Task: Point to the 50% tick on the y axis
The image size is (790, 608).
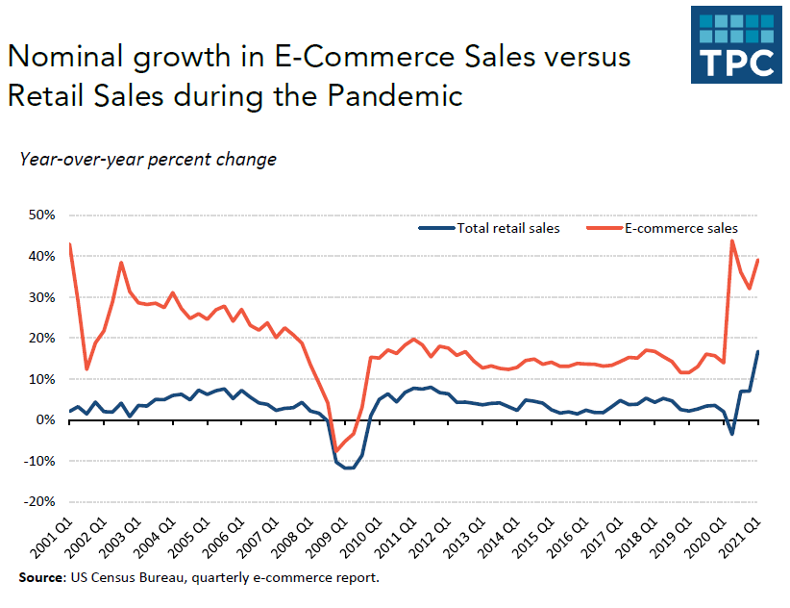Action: (39, 215)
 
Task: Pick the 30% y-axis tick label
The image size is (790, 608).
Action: (39, 297)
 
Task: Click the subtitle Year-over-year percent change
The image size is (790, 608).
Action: (148, 159)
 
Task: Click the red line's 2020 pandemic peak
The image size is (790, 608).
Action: (732, 241)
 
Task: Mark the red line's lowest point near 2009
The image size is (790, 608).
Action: (336, 451)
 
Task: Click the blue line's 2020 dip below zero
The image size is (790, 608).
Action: (732, 434)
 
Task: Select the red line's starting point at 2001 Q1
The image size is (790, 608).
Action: (70, 244)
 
